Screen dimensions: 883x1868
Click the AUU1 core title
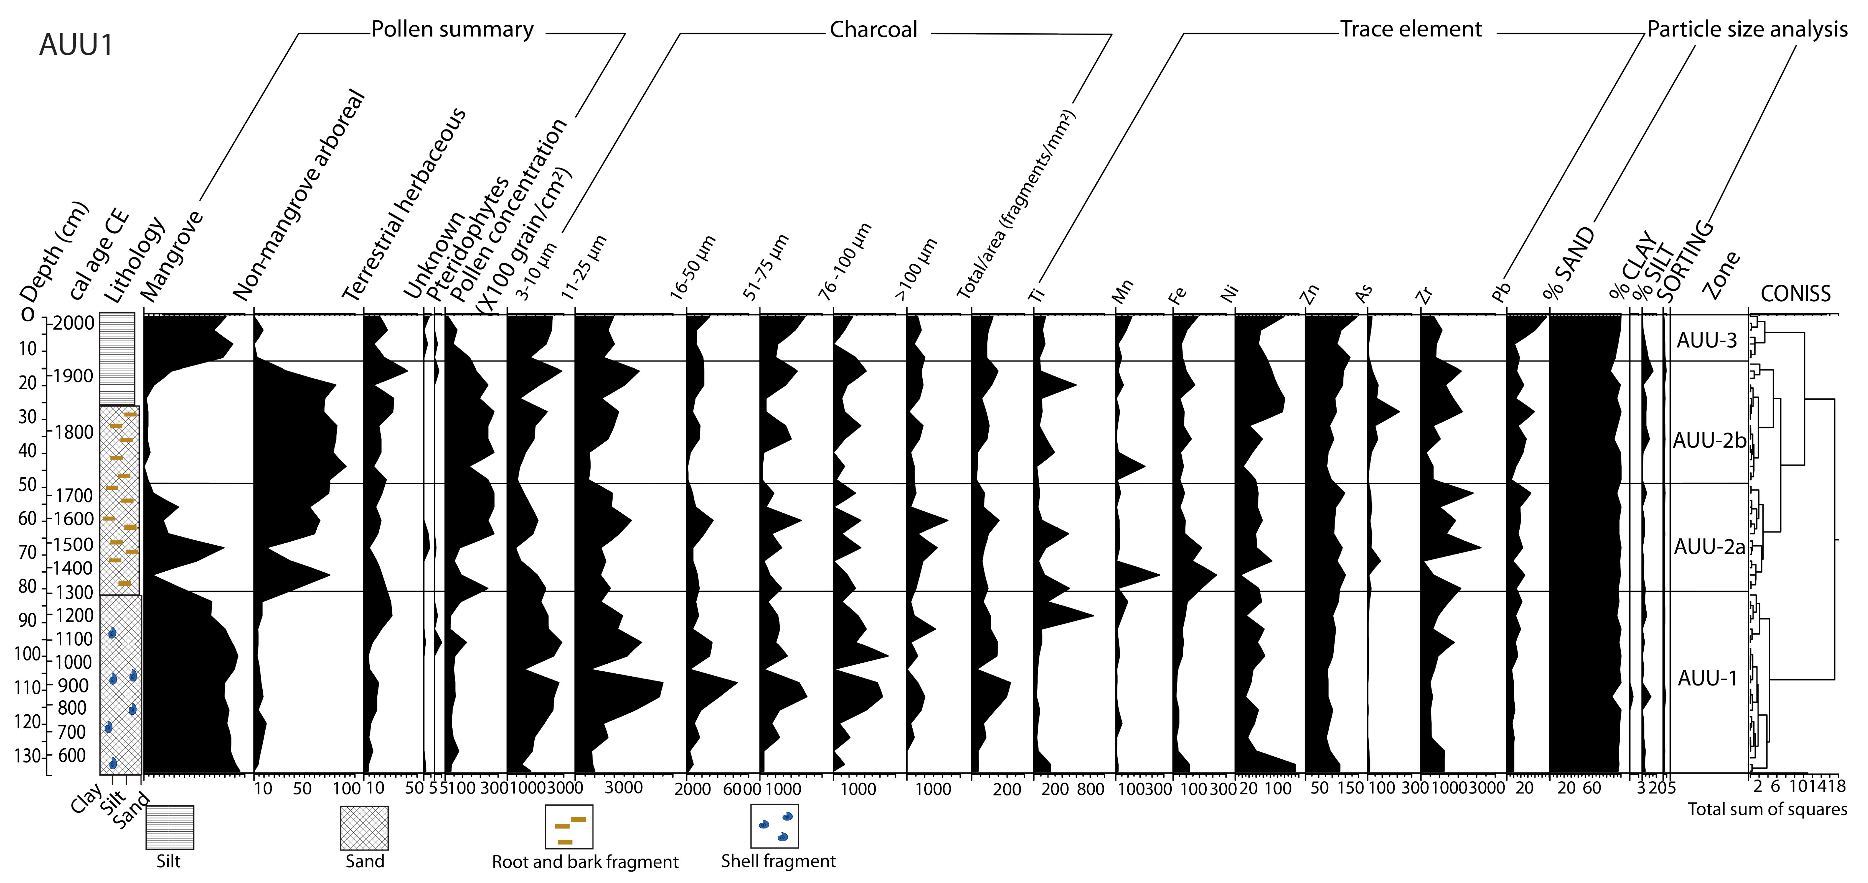[76, 45]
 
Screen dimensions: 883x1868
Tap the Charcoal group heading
[873, 30]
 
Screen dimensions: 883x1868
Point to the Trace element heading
[1411, 30]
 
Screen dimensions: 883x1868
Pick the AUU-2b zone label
[1709, 440]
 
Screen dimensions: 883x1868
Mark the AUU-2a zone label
[1709, 547]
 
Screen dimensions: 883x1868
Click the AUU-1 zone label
[1707, 678]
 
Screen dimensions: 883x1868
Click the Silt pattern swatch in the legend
[170, 827]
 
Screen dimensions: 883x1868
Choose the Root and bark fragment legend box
[569, 827]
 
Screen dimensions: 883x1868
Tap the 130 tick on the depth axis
[29, 756]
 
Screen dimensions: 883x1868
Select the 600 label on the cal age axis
[72, 755]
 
